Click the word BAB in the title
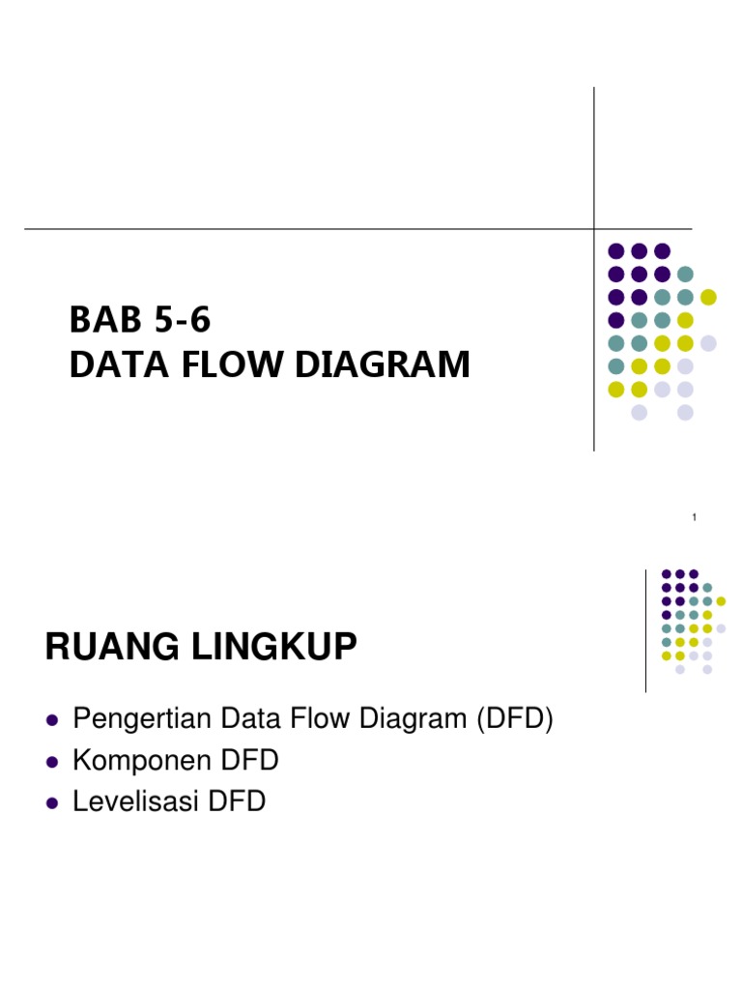pyautogui.click(x=100, y=319)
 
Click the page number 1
pyautogui.click(x=695, y=520)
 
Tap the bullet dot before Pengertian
pyautogui.click(x=52, y=721)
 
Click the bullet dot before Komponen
pyautogui.click(x=52, y=762)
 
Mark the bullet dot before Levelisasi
pyautogui.click(x=52, y=802)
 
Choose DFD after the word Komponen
pyautogui.click(x=251, y=761)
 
